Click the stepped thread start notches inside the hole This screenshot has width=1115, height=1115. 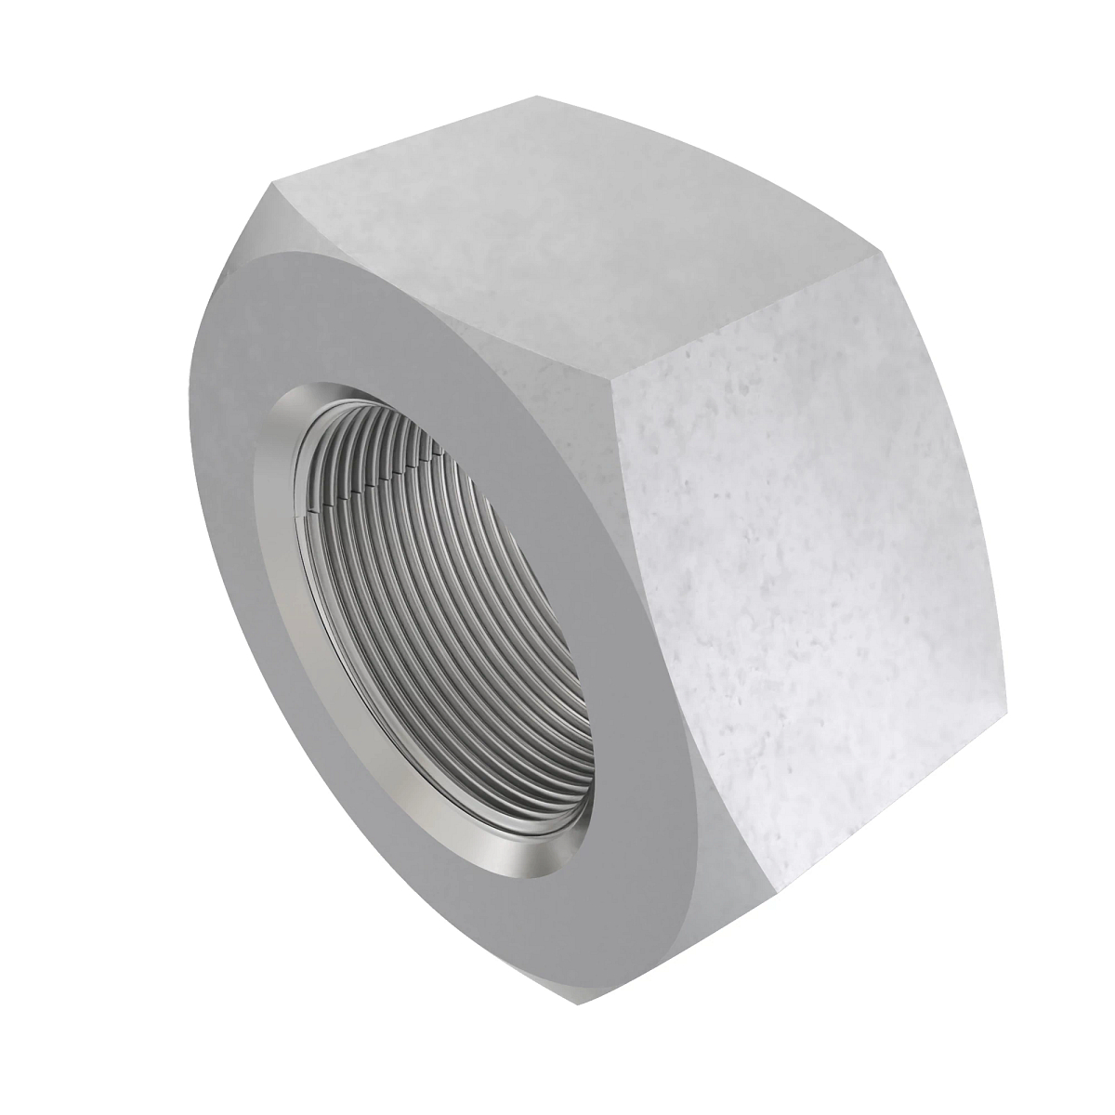372,483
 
